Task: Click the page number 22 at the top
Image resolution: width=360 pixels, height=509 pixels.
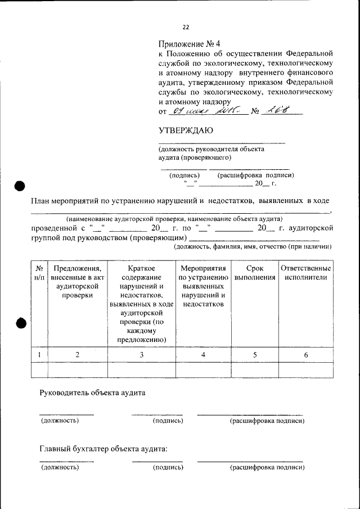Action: [x=186, y=26]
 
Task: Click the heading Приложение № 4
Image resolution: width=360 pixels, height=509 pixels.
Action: [x=190, y=44]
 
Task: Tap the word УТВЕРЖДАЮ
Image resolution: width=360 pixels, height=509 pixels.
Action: [x=186, y=131]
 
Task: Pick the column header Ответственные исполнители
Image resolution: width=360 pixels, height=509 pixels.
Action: [x=305, y=273]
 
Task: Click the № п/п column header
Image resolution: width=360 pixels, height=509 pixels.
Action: [x=39, y=273]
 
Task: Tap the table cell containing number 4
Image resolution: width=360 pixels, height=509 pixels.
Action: [x=204, y=355]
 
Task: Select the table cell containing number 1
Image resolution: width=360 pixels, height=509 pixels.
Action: [x=39, y=355]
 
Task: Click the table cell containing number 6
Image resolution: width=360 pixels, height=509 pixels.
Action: [x=305, y=355]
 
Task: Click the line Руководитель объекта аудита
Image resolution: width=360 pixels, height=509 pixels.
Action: [x=92, y=393]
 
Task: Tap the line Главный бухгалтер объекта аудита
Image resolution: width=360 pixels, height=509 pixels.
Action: [x=103, y=449]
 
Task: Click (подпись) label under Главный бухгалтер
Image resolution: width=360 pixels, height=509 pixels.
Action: [x=168, y=467]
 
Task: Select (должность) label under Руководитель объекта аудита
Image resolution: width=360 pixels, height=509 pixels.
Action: [x=59, y=420]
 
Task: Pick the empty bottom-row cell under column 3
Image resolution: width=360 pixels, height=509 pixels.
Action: [x=141, y=370]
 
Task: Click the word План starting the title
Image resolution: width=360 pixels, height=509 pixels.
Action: [x=42, y=201]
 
